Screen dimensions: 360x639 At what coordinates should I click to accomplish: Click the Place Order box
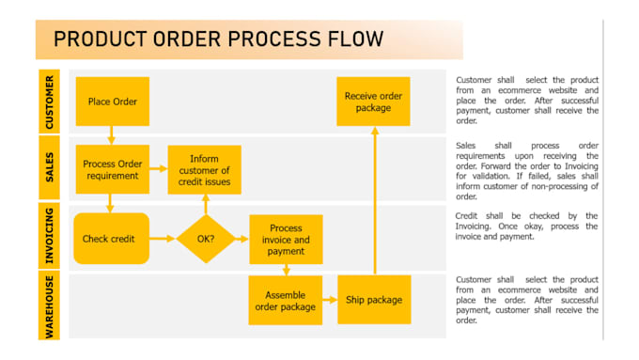point(112,102)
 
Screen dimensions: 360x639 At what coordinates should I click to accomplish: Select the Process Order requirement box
point(112,169)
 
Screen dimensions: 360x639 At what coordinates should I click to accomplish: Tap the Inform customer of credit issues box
point(204,170)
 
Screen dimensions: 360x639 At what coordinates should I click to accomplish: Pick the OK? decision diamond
point(205,238)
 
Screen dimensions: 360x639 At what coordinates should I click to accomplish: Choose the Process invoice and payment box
point(285,239)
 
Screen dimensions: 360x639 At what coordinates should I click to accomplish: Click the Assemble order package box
point(285,300)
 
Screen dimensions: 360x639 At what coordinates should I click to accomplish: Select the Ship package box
point(374,300)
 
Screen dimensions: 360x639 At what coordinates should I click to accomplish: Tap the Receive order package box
point(374,102)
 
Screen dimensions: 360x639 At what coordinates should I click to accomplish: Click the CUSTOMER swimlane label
point(49,102)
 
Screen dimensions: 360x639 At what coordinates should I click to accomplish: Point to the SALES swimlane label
point(49,169)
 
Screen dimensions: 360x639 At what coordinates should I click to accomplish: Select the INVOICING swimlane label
point(49,238)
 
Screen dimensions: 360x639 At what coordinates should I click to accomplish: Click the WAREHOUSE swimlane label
point(49,305)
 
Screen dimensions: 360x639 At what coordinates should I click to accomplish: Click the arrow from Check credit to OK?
point(163,238)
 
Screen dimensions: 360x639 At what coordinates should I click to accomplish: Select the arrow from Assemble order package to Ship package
point(329,300)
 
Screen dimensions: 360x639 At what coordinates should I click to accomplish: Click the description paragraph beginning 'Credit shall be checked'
point(526,227)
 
